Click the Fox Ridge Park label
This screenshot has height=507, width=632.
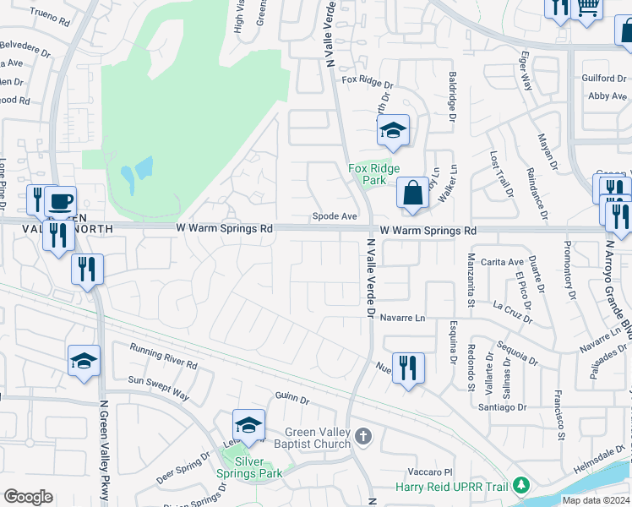(368, 174)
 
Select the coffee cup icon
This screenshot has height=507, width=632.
(60, 201)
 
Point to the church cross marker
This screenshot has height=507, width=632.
(363, 436)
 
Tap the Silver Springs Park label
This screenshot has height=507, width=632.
(249, 467)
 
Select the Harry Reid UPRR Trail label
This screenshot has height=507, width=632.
(456, 486)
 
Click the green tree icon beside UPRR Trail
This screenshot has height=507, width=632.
(522, 485)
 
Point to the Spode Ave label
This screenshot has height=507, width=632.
(335, 216)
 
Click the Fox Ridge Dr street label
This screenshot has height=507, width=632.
(368, 81)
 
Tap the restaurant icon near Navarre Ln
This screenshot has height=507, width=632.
(408, 368)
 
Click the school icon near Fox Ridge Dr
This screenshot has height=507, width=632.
(393, 130)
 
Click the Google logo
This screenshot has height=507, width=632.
(28, 497)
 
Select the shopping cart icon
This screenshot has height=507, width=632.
(586, 8)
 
